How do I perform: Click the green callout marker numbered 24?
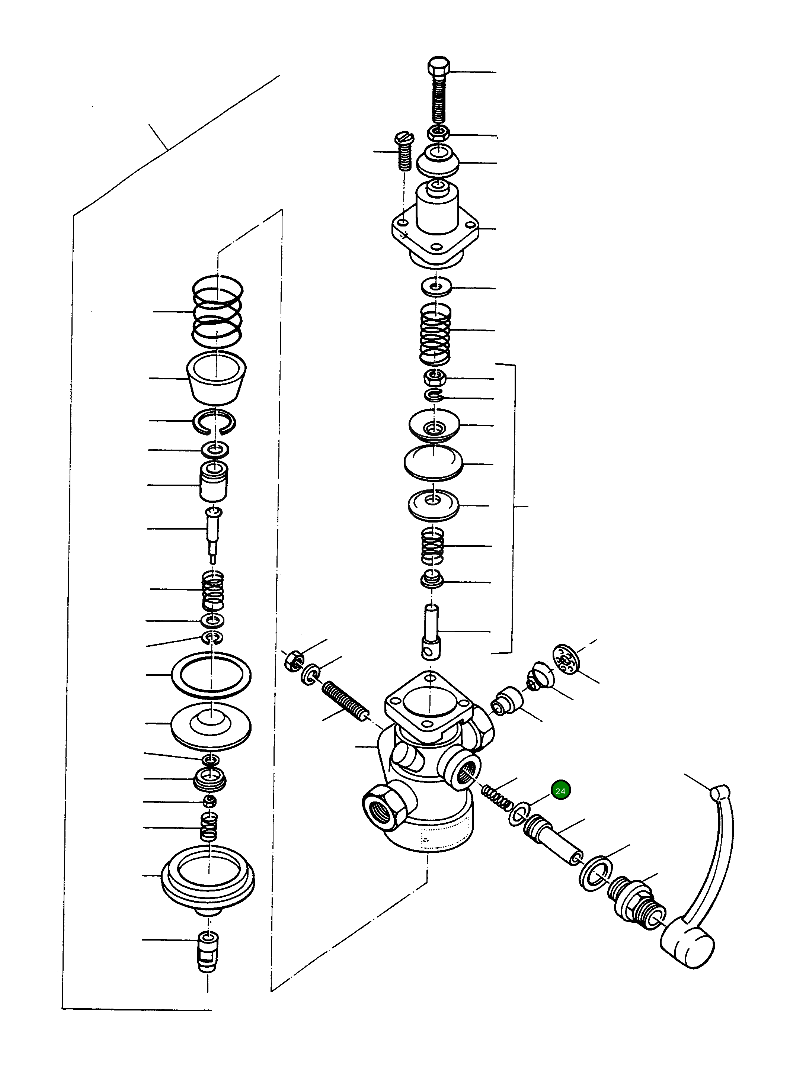pos(560,791)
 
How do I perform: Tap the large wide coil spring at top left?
pos(218,312)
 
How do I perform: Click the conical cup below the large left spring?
pos(216,379)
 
